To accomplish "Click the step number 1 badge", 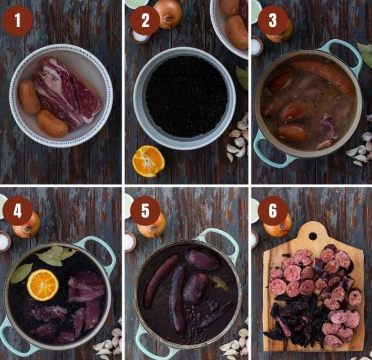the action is click(17, 20).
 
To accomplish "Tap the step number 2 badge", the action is click(145, 20).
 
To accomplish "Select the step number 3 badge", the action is click(273, 20).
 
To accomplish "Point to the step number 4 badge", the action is click(17, 211).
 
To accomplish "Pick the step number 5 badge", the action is click(145, 211).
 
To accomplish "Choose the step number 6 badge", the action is click(273, 211).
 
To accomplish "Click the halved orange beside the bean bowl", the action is click(148, 161).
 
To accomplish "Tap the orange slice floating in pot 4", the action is click(43, 285).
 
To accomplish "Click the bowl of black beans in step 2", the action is click(184, 98).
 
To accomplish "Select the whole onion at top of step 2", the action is click(168, 14).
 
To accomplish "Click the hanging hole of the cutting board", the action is click(313, 236).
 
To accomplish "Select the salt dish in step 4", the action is click(5, 242).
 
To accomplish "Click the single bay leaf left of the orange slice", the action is click(21, 273).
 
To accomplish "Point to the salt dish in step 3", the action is click(257, 46).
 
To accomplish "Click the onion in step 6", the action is click(278, 227).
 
